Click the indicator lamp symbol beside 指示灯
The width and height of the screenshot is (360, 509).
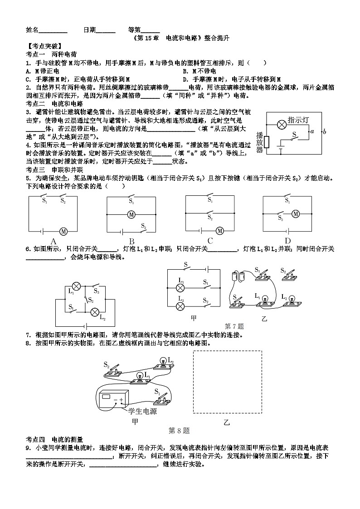(281, 123)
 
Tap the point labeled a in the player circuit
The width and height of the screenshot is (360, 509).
(311, 131)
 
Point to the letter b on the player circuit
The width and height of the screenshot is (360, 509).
(324, 132)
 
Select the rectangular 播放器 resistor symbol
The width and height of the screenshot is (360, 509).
(267, 142)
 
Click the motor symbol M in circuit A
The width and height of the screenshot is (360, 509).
(63, 231)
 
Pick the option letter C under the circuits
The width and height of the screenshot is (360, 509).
(210, 241)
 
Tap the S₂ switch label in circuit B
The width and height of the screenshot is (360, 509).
(143, 225)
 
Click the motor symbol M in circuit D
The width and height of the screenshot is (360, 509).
(296, 214)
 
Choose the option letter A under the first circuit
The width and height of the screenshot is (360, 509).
(53, 241)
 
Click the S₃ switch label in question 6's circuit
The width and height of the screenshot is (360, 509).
(96, 291)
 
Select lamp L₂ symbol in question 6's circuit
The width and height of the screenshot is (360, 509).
(95, 312)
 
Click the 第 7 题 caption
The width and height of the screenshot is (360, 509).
(234, 325)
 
